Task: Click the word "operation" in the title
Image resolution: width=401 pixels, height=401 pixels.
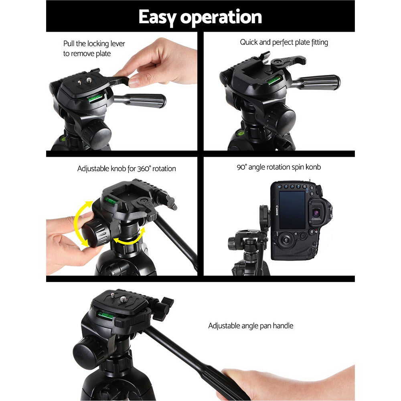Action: click(x=222, y=17)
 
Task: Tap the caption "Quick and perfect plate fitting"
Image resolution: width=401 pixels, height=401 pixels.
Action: click(x=284, y=42)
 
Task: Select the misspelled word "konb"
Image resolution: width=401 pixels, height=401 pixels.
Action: click(x=312, y=167)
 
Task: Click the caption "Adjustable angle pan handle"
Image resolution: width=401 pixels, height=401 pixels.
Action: click(x=251, y=326)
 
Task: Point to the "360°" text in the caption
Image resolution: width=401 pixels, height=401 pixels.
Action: click(x=144, y=169)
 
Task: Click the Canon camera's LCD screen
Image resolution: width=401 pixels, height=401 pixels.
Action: click(x=292, y=210)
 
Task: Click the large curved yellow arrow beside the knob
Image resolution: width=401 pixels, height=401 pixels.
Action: click(x=78, y=223)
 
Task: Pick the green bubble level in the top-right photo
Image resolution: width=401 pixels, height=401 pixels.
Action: click(x=274, y=80)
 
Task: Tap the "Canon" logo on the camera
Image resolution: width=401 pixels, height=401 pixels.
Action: click(x=275, y=210)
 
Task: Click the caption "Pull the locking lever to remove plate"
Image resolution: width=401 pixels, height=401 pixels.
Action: click(x=94, y=49)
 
